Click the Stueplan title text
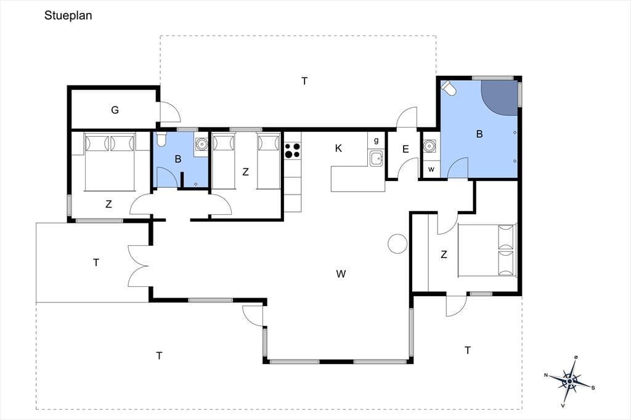coord(68,15)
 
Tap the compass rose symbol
coord(569,381)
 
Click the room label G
coord(115,110)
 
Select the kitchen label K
coord(338,148)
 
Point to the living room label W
coord(341,274)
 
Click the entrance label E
coord(405,149)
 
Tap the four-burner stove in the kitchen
coord(293,150)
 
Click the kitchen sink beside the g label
coord(376,158)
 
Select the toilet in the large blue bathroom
coord(449,89)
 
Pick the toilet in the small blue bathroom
coord(161,139)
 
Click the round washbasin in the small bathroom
coord(201,143)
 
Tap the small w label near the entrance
coord(431,169)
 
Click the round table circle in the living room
coord(397,243)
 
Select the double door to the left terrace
coord(139,265)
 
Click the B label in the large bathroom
coord(479,134)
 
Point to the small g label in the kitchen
coord(377,140)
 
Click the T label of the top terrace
coord(304,81)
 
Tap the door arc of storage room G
coord(171,111)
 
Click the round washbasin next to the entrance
coord(429,145)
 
